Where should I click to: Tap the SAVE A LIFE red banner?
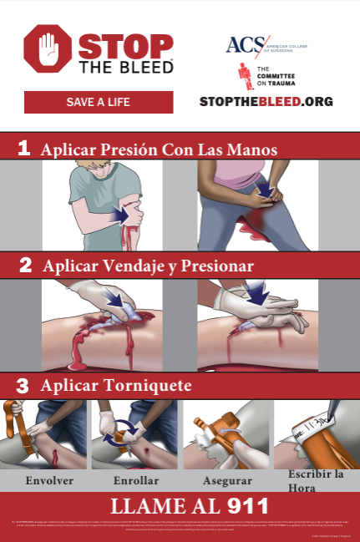click(99, 103)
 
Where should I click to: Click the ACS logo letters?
click(242, 44)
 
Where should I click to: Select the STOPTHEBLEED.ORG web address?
click(266, 102)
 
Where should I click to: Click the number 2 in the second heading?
click(25, 265)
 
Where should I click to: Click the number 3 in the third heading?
click(23, 386)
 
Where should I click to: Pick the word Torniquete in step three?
click(153, 386)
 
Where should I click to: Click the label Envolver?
click(49, 480)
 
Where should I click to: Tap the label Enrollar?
click(136, 480)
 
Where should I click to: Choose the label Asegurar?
click(226, 480)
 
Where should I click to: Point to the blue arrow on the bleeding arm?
click(120, 215)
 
